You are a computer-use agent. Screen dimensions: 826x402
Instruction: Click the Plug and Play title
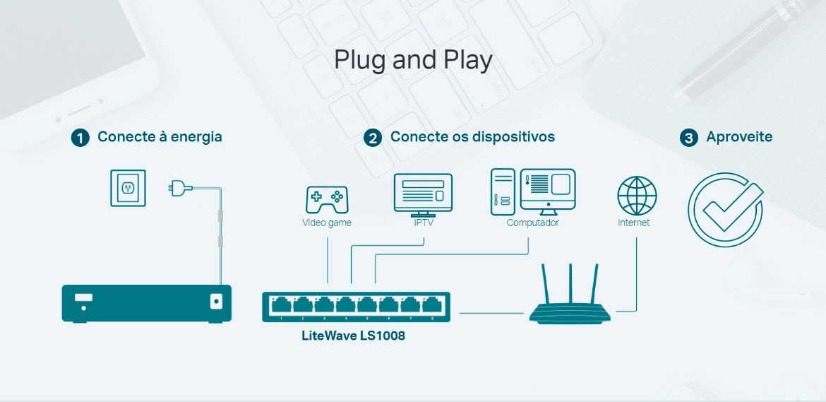pyautogui.click(x=413, y=61)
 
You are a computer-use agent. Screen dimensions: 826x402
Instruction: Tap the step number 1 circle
pyautogui.click(x=80, y=138)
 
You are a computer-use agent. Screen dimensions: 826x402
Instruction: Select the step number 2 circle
pyautogui.click(x=373, y=138)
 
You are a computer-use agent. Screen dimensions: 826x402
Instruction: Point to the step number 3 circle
pyautogui.click(x=688, y=138)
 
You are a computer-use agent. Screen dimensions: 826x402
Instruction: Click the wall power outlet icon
pyautogui.click(x=128, y=188)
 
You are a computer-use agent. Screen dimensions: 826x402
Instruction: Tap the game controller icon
pyautogui.click(x=327, y=200)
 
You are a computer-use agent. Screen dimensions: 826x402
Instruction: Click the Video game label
pyautogui.click(x=327, y=223)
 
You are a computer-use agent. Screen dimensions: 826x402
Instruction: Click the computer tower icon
pyautogui.click(x=503, y=191)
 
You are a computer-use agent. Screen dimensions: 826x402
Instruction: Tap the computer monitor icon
pyautogui.click(x=548, y=191)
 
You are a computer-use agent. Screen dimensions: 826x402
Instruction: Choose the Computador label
pyautogui.click(x=532, y=223)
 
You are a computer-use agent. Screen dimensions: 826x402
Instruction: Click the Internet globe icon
pyautogui.click(x=637, y=196)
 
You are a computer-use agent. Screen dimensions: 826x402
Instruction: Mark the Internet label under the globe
pyautogui.click(x=634, y=223)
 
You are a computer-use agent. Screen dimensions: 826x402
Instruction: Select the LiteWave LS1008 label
pyautogui.click(x=354, y=336)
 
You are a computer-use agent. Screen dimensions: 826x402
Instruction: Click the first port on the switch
pyautogui.click(x=281, y=305)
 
